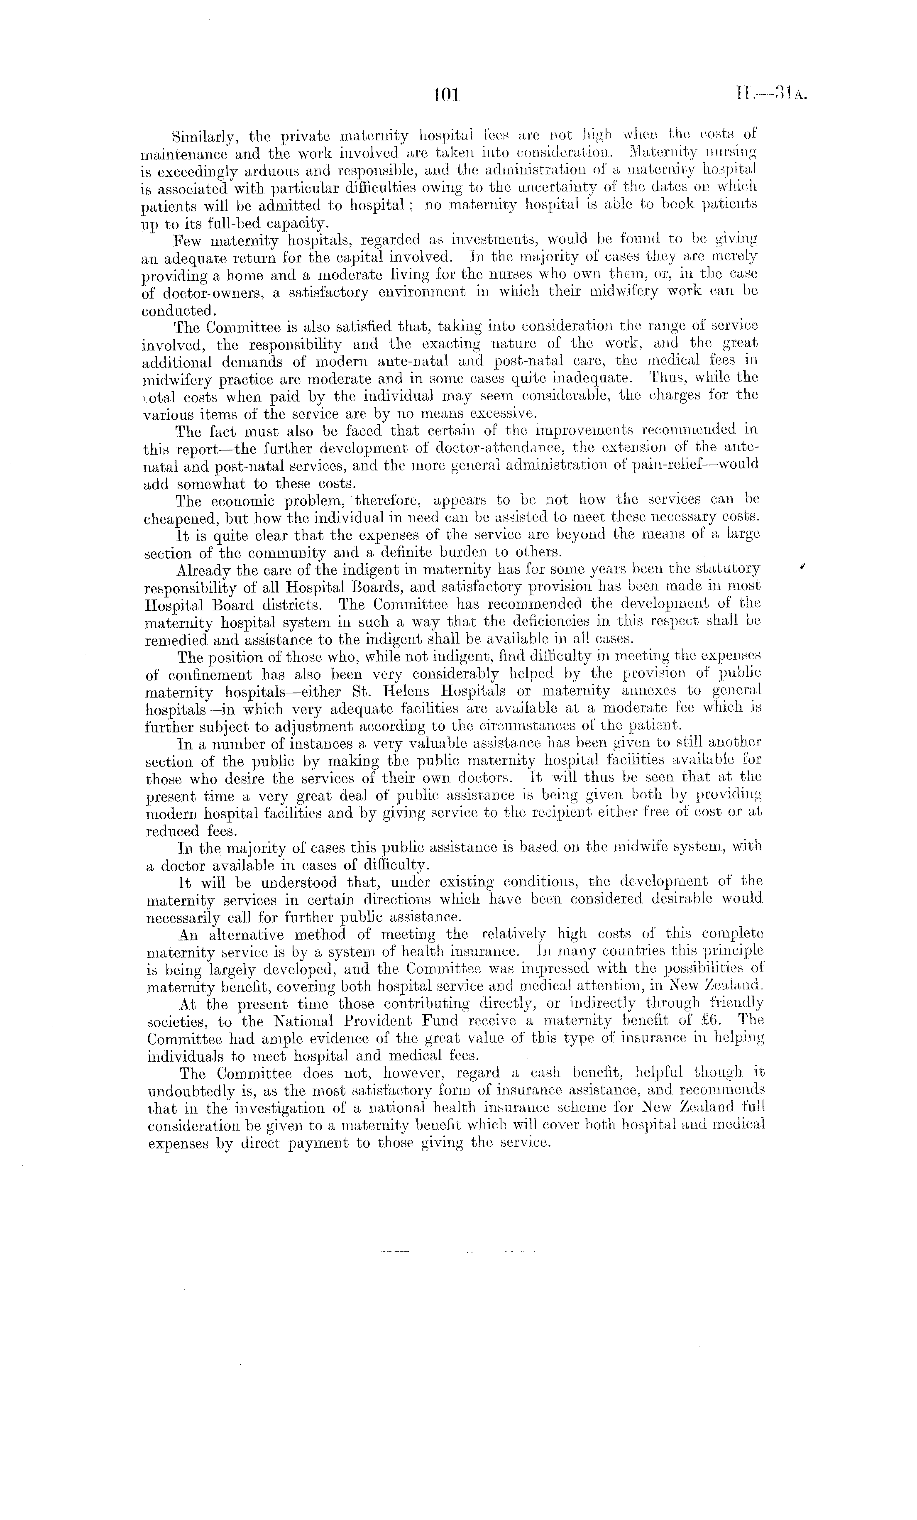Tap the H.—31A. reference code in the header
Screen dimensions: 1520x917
pyautogui.click(x=770, y=94)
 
